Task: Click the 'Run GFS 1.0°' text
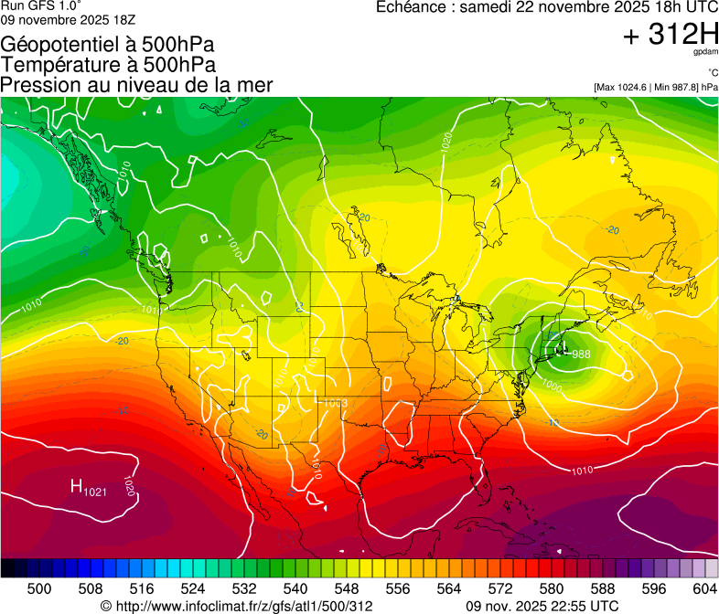[x=41, y=6]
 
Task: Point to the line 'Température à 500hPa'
[x=109, y=65]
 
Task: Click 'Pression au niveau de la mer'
[x=137, y=85]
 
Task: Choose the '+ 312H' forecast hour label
[x=670, y=36]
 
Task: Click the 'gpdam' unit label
[x=703, y=54]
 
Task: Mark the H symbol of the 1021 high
[x=77, y=486]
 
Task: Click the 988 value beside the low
[x=581, y=354]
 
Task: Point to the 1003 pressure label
[x=334, y=403]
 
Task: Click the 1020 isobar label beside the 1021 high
[x=129, y=487]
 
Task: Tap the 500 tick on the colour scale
[x=39, y=588]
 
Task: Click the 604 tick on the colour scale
[x=704, y=588]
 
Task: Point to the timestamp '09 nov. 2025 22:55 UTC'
[x=542, y=606]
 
